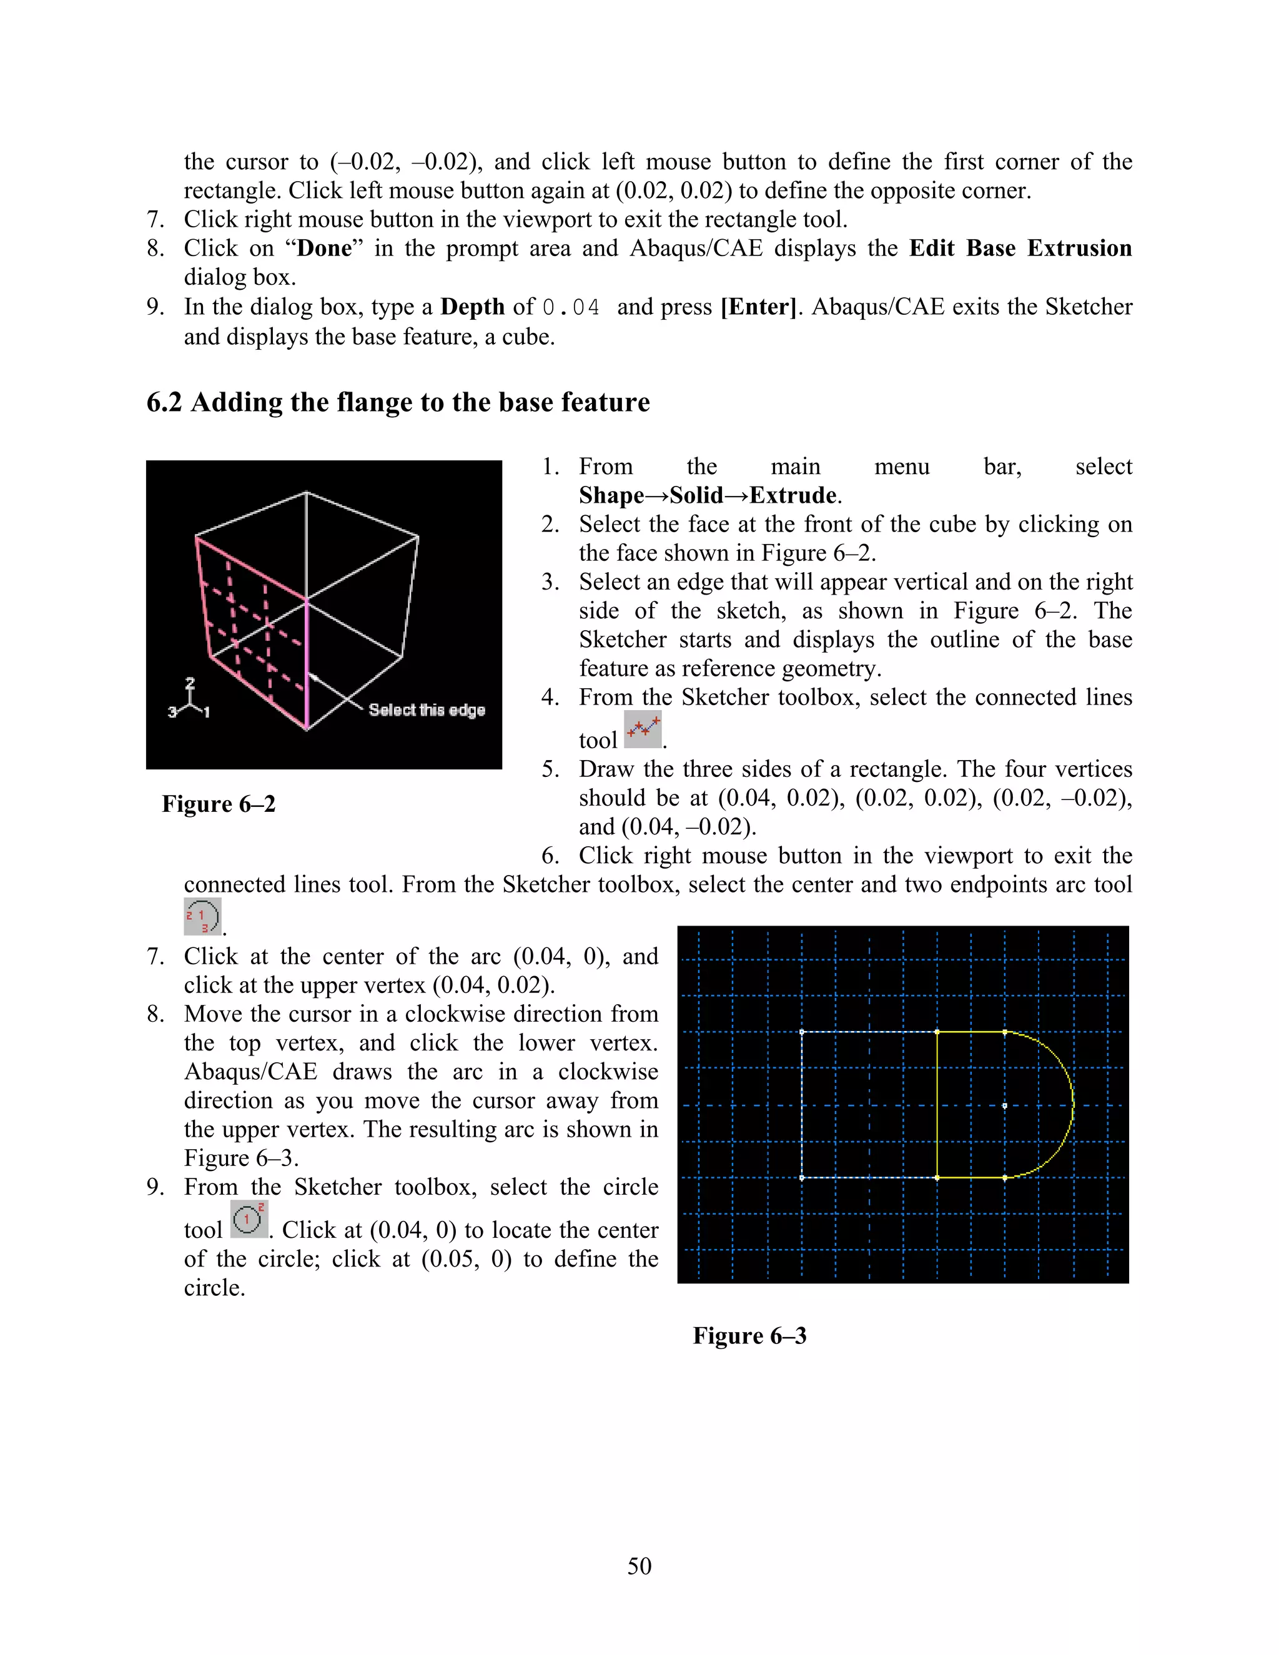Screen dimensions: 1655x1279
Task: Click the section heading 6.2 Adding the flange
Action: [x=398, y=402]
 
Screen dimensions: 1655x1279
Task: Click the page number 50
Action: [x=639, y=1566]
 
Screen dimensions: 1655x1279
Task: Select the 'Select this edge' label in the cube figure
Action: [x=427, y=710]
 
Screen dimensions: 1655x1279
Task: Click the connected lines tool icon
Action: [x=643, y=729]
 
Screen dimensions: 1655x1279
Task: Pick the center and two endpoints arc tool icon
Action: [x=202, y=917]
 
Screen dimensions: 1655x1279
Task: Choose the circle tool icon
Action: [x=249, y=1219]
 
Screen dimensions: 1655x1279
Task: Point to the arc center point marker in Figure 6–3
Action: [x=1005, y=1105]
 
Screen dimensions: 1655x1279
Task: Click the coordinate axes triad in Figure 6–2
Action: [x=189, y=700]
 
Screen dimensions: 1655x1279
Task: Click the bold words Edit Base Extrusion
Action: [x=1020, y=249]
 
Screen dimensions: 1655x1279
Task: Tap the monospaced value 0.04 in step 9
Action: [x=571, y=308]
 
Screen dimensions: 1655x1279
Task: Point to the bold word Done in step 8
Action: [x=324, y=249]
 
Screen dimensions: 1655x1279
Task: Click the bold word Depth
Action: [x=472, y=307]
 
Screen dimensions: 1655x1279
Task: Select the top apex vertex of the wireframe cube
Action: [x=306, y=493]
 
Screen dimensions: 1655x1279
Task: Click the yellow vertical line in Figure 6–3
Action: [x=937, y=1105]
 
